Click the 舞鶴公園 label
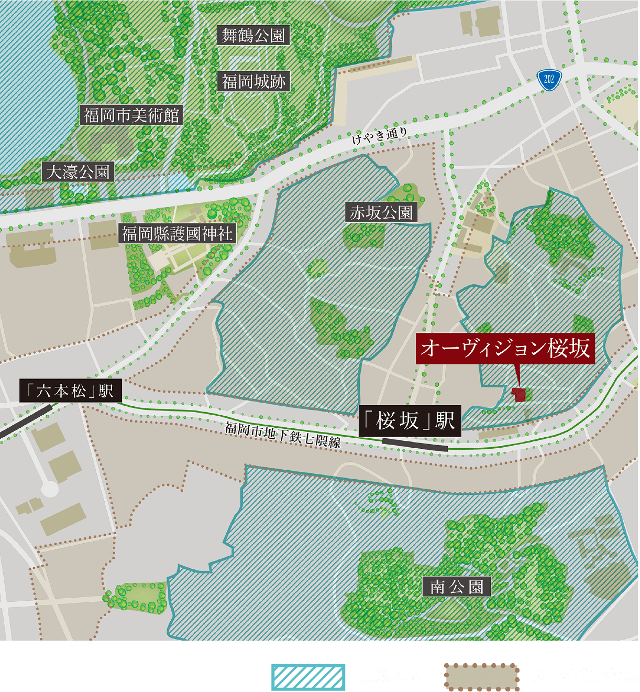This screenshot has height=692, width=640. (253, 36)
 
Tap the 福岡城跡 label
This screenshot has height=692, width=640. (253, 81)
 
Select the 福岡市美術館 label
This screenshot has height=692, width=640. (131, 115)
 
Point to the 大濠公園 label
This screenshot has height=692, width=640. (78, 172)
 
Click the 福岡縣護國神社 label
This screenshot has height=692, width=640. (177, 233)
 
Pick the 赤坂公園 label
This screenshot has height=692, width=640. (381, 212)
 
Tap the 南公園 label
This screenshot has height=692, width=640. (456, 587)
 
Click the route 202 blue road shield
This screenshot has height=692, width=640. (549, 79)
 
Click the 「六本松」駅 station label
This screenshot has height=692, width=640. (70, 391)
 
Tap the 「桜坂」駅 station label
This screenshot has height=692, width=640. (410, 420)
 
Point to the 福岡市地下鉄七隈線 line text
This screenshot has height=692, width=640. (283, 435)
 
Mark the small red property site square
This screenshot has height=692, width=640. (519, 394)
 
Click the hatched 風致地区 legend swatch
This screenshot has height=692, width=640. (308, 676)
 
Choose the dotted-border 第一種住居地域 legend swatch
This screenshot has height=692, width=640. (481, 676)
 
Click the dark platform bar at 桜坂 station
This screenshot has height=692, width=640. (415, 445)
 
